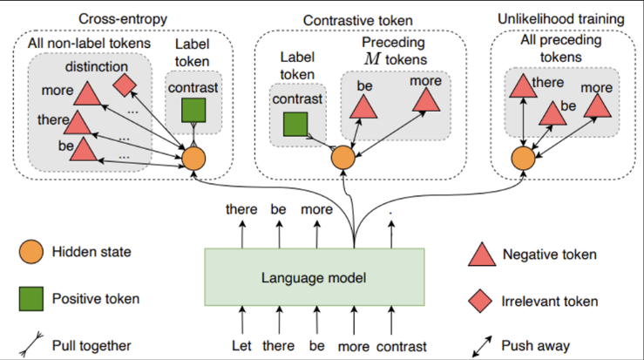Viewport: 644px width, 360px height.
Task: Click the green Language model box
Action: [315, 277]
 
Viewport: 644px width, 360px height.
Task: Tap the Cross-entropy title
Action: [123, 19]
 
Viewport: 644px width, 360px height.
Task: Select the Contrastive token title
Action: [358, 21]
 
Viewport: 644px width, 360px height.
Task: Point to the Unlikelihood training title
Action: [561, 19]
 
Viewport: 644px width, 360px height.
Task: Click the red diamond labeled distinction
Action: [125, 85]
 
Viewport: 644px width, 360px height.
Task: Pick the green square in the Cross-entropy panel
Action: [193, 110]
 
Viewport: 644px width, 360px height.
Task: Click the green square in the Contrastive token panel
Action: [295, 124]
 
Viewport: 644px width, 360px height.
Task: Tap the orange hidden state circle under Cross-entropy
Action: [193, 159]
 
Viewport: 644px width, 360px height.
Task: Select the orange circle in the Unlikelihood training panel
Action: [523, 159]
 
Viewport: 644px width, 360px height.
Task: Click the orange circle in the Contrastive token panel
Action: [343, 158]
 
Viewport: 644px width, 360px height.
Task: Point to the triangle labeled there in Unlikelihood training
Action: [523, 87]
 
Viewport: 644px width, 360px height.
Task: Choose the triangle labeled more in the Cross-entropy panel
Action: [87, 94]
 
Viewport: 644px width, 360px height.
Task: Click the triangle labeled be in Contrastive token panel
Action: [363, 108]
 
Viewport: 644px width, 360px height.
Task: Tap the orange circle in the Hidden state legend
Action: [31, 252]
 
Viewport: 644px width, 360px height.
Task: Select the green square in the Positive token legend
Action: [31, 299]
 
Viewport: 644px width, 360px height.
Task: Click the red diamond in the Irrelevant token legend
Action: [480, 302]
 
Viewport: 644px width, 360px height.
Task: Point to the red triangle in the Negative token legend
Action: [482, 255]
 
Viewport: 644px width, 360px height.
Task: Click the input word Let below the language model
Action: [241, 345]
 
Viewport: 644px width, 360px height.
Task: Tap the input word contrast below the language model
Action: [402, 346]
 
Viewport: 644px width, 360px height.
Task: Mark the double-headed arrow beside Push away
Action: [482, 346]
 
